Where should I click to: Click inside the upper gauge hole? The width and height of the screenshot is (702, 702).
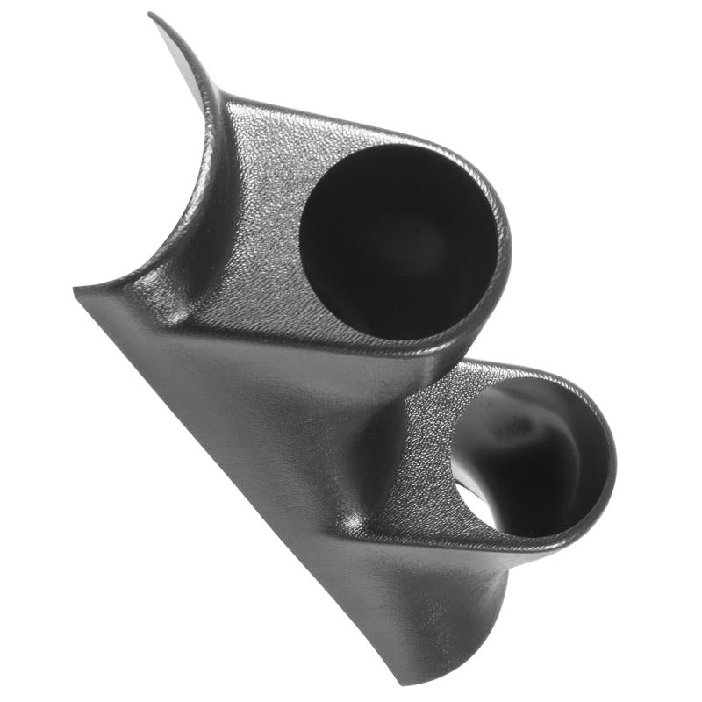pos(395,237)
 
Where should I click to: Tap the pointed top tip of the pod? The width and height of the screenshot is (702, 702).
pos(151,14)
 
